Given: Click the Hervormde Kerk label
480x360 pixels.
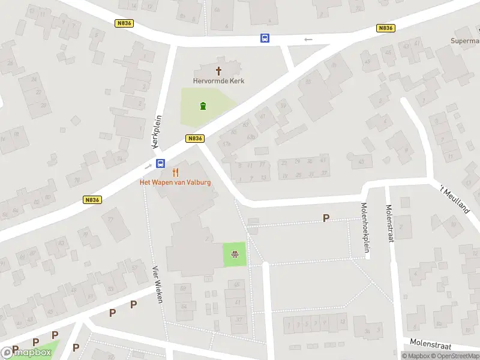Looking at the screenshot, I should click(x=218, y=81).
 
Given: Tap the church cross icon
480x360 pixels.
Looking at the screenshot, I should click(x=218, y=71).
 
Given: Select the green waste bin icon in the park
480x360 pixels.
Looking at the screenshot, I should click(x=203, y=107).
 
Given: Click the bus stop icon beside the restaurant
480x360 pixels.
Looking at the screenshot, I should click(x=161, y=163).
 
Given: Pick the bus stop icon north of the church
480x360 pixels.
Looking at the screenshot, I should click(x=265, y=38).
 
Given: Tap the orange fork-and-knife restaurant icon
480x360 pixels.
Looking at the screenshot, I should click(x=176, y=172).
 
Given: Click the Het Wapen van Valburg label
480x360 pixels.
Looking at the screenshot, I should click(x=175, y=182).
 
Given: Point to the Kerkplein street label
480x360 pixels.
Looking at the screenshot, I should click(x=157, y=132).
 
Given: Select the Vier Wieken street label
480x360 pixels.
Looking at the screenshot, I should click(x=157, y=284).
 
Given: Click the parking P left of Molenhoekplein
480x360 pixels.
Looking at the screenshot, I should click(x=326, y=218).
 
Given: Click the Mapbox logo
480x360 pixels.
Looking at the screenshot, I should click(x=27, y=353).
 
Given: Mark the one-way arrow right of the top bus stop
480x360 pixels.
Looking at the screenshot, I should click(x=308, y=40).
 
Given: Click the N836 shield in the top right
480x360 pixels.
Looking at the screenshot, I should click(x=385, y=28).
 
